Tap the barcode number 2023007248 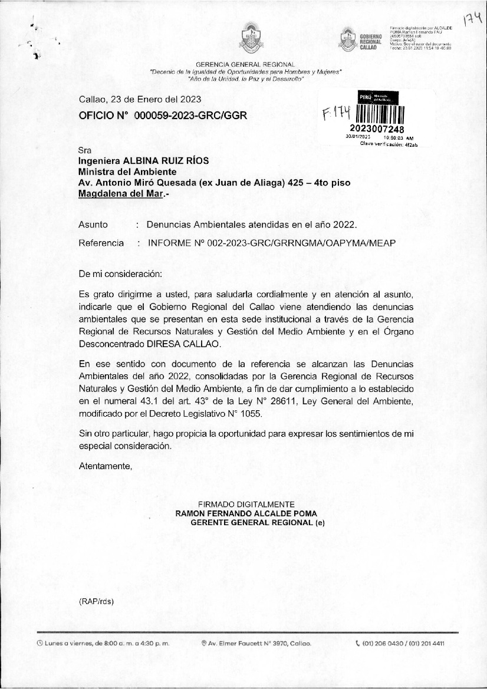coord(377,129)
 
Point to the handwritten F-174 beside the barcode coord(337,113)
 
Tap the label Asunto coord(93,225)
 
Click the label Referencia coord(101,243)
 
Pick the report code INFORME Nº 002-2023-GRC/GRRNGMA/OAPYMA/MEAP coord(272,243)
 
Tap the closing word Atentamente coord(105,466)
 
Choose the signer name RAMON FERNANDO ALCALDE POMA coord(246,513)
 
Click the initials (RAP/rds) coord(96,601)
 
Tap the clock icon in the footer coord(39,643)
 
